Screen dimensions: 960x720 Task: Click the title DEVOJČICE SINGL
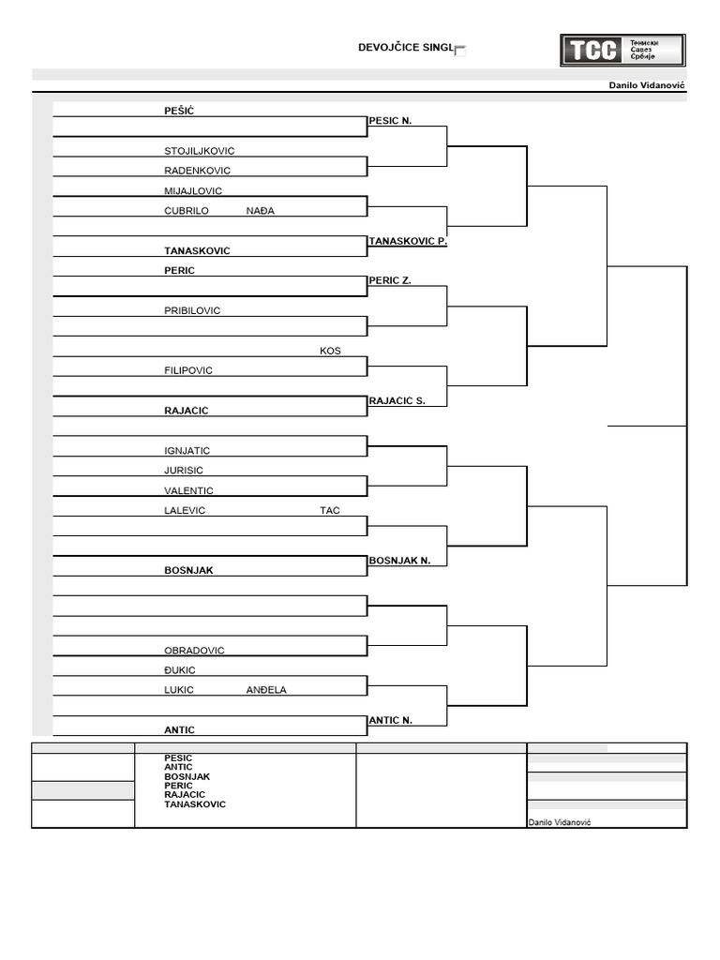(406, 48)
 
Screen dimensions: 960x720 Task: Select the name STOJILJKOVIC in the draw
(199, 151)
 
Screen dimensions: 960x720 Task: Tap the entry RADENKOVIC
(197, 171)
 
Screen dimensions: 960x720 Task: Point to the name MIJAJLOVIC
(193, 190)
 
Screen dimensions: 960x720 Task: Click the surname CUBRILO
(187, 211)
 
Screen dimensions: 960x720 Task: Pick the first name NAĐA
(261, 211)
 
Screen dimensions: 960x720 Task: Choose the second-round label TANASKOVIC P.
(408, 241)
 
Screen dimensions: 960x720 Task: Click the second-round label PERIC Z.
(390, 280)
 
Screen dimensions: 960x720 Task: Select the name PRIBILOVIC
(192, 310)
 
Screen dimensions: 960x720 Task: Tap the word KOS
(330, 351)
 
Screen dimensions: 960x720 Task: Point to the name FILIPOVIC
(188, 370)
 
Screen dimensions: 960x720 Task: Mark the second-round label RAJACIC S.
(397, 400)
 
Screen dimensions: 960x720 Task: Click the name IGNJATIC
(187, 451)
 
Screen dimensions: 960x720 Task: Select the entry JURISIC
(184, 471)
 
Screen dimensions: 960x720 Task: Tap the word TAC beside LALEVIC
(330, 511)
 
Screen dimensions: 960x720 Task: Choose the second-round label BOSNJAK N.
(399, 560)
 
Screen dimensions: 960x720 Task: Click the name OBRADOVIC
(194, 651)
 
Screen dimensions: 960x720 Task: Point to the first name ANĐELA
(266, 690)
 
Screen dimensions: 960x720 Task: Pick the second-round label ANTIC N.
(391, 720)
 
